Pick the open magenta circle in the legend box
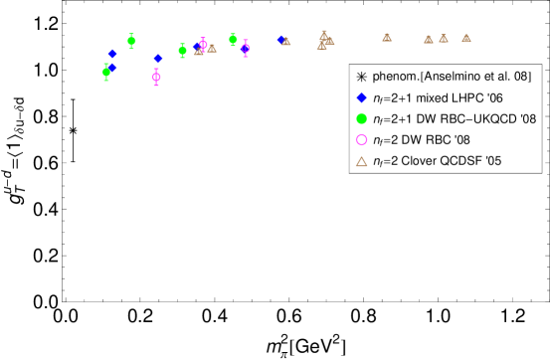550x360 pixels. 361,140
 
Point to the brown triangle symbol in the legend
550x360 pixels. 361,161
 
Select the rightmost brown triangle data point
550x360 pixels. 466,39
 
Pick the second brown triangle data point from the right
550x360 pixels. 444,39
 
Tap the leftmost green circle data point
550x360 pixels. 106,72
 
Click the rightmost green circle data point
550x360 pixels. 233,40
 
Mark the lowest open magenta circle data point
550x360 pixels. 156,77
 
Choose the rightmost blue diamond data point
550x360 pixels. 281,40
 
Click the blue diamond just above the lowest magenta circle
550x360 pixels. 157,59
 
